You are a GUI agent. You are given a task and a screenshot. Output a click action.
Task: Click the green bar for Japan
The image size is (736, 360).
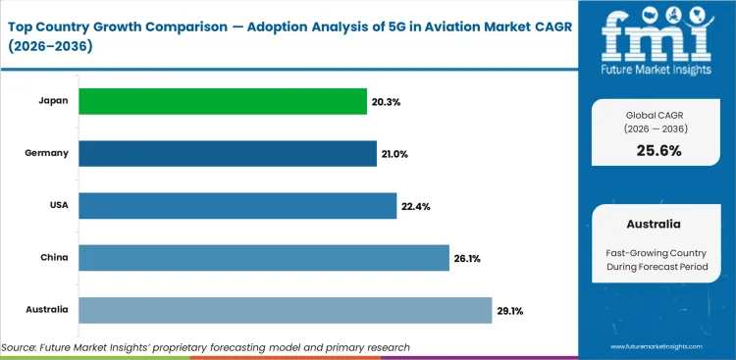coord(209,101)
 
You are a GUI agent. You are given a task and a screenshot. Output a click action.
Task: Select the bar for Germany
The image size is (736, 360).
coord(228,153)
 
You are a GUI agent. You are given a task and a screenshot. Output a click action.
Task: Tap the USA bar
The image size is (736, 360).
coord(237,205)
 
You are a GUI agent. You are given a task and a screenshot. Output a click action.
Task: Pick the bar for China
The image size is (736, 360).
coord(264,258)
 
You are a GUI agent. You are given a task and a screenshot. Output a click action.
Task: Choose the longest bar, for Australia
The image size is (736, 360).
coord(285,310)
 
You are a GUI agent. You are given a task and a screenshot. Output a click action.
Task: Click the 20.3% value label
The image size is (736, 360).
coord(360,101)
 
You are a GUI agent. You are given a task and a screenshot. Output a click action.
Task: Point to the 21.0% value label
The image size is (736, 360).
coord(395,153)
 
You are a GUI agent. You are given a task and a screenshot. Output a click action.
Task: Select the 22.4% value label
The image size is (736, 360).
coord(415,206)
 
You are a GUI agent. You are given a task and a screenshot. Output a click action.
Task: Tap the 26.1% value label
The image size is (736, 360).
coord(466,258)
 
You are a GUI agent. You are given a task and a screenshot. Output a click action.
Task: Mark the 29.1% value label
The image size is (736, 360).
coord(509,311)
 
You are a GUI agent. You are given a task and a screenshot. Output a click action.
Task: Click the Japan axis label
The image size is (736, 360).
coord(53,101)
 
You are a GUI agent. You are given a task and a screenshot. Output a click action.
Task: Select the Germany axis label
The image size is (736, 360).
coord(47,153)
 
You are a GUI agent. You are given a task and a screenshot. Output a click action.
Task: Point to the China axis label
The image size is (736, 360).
coord(54,258)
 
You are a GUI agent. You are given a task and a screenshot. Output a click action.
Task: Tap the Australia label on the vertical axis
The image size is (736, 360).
coord(47,310)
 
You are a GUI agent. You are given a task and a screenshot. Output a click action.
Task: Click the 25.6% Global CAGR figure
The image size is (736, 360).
coord(657,150)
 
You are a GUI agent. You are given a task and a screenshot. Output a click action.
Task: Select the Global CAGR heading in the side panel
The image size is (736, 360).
coord(657,115)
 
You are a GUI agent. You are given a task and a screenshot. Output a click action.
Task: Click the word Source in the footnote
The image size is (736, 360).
coord(21,347)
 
